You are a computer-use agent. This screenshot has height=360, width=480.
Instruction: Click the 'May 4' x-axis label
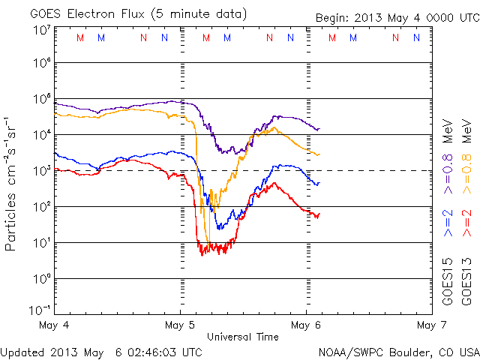tap(55, 325)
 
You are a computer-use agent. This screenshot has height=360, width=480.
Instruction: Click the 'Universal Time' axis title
tap(243, 337)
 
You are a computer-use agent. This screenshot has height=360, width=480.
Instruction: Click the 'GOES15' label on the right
tap(448, 280)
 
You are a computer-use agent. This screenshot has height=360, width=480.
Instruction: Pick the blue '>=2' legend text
tap(448, 223)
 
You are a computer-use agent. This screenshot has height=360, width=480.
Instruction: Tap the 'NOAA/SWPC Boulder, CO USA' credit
tap(398, 352)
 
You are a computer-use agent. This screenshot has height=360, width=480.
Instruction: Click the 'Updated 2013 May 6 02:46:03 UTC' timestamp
tap(101, 352)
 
